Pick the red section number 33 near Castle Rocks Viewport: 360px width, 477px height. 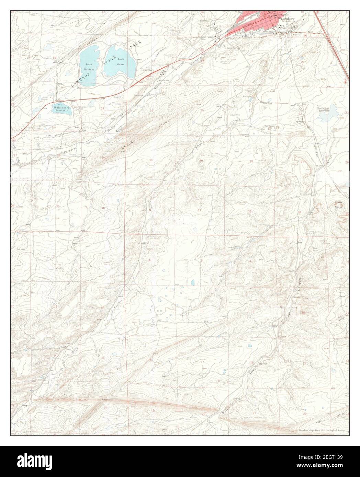[x=250, y=211]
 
